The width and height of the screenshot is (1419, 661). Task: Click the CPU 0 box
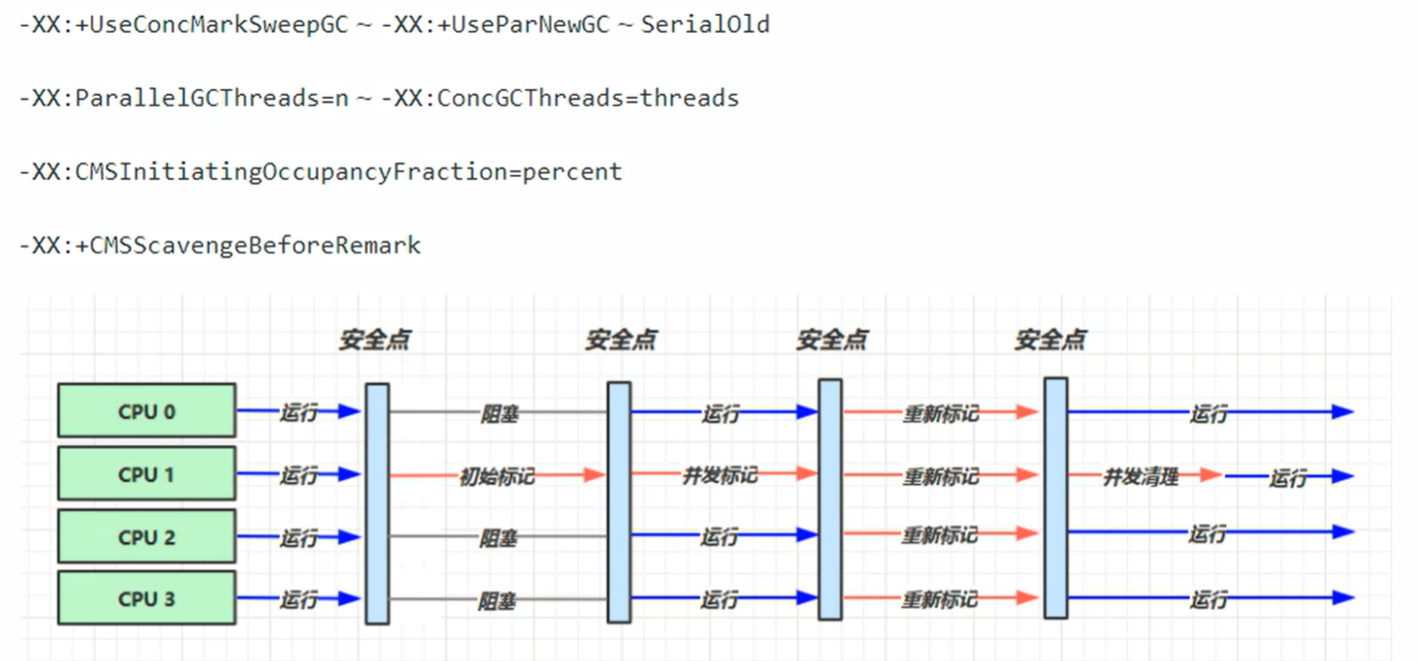coord(146,411)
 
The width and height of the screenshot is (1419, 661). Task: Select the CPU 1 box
coord(146,474)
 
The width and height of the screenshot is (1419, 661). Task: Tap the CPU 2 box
coord(146,537)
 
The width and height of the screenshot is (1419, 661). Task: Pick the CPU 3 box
coord(146,599)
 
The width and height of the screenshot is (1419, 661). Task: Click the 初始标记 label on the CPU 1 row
coord(497,476)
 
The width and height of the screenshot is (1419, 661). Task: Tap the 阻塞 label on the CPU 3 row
coord(497,601)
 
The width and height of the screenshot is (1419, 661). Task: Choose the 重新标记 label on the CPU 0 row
coord(940,414)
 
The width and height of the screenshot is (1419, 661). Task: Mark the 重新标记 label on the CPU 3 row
coord(940,600)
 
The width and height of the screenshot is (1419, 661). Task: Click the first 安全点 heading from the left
coord(375,340)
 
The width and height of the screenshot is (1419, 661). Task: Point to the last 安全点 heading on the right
coord(1051,340)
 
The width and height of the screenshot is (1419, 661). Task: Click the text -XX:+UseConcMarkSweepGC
coord(184,25)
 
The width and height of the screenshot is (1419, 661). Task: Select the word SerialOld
coord(706,25)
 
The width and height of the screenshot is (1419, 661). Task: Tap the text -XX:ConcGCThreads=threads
coord(560,98)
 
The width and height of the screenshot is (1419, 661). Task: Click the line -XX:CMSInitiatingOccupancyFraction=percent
coord(321,171)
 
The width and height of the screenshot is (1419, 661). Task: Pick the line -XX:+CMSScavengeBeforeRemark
coord(220,244)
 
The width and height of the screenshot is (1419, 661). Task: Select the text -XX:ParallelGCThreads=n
coord(184,98)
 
